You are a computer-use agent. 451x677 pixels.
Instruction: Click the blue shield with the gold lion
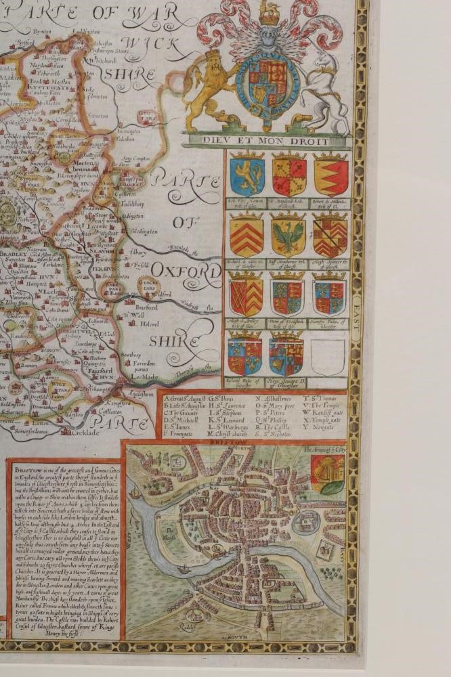click(x=247, y=174)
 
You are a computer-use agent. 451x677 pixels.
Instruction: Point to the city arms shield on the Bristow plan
click(x=327, y=473)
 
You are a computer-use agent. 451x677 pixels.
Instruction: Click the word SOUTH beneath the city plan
click(x=232, y=636)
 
